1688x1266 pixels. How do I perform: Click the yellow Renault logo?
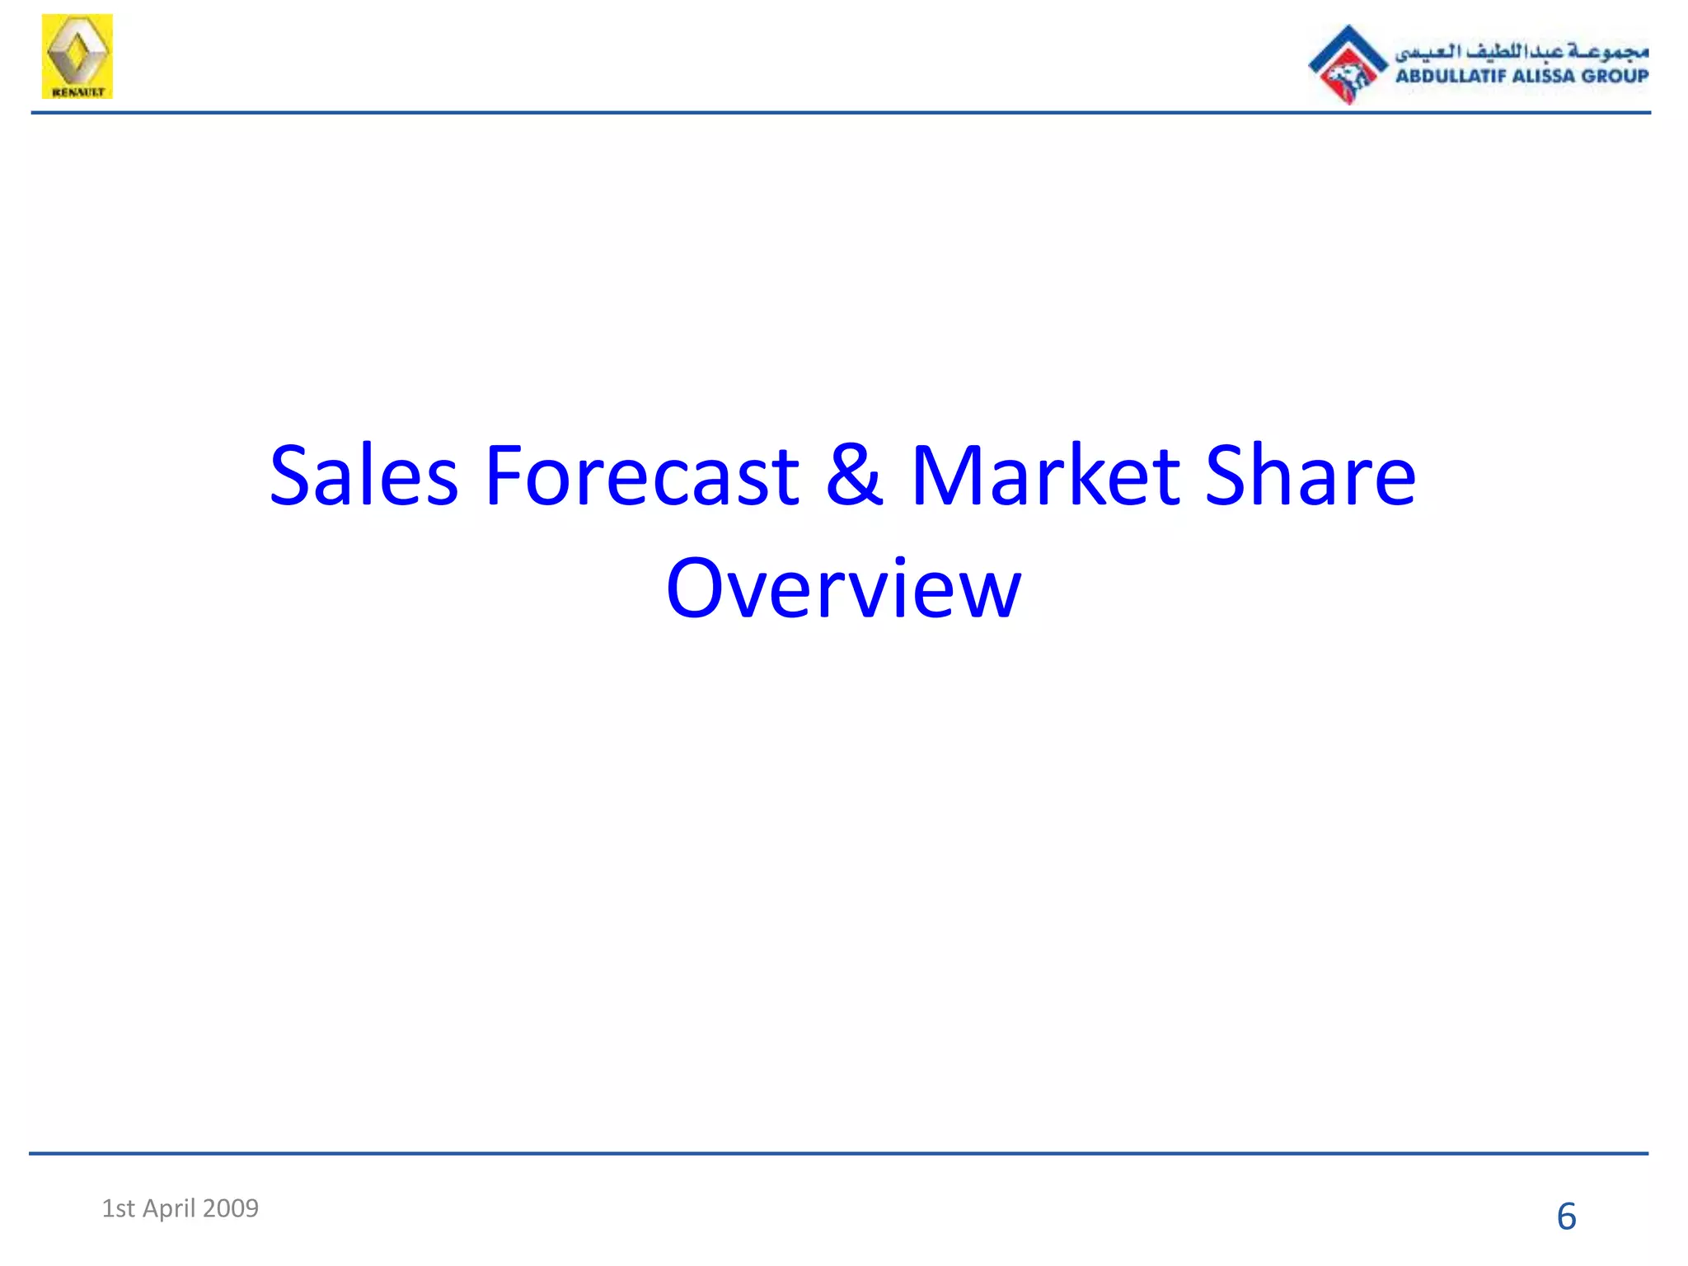(77, 56)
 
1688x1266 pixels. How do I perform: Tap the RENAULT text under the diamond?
(77, 92)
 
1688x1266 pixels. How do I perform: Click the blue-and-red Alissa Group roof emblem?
(1348, 64)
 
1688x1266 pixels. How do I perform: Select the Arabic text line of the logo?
(1522, 51)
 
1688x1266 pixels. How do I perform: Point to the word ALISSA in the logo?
(1544, 77)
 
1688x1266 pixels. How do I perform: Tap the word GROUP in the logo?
(1615, 77)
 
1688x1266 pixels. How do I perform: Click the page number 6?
(1566, 1217)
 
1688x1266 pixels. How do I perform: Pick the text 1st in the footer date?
(118, 1208)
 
